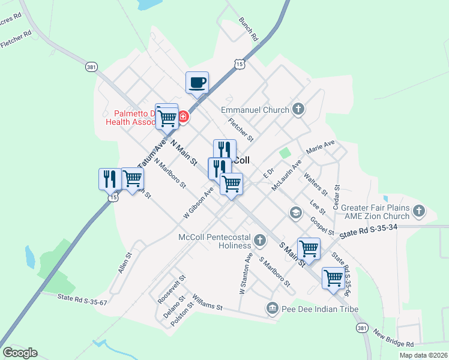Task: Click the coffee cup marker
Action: click(196, 83)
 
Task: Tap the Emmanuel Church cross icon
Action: click(298, 110)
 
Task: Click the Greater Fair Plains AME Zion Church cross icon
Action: click(418, 211)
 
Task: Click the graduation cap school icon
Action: click(295, 212)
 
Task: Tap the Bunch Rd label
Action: click(248, 29)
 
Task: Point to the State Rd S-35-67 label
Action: click(82, 299)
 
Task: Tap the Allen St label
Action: click(125, 263)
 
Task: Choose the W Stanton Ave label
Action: click(245, 274)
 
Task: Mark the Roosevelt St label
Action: click(172, 289)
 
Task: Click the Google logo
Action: click(20, 353)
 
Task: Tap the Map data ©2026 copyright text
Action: click(423, 355)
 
